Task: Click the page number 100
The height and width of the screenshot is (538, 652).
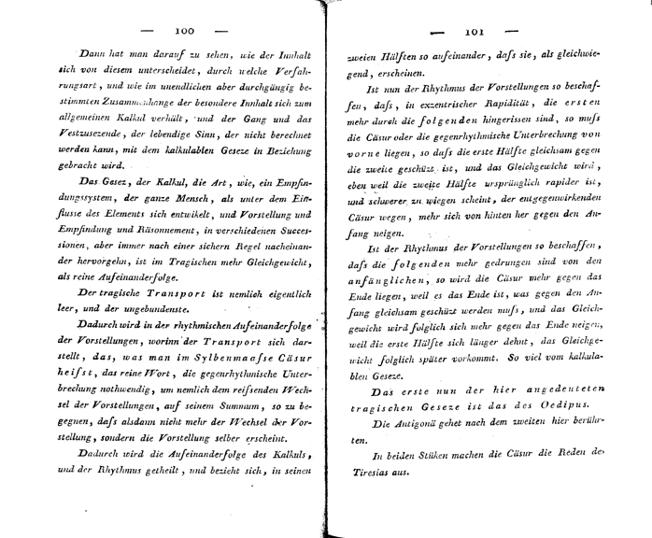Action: [x=183, y=30]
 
